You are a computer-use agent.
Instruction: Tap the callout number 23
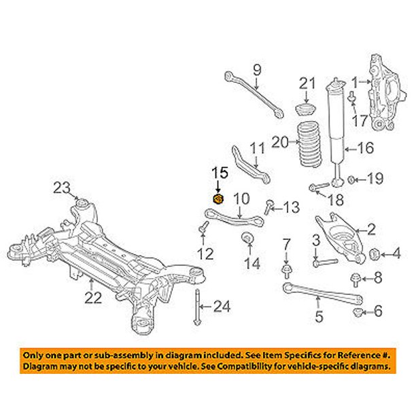62,188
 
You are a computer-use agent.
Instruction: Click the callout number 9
257,69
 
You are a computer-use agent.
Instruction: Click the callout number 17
360,122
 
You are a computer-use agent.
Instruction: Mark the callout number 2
371,228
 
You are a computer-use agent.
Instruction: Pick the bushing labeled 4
374,254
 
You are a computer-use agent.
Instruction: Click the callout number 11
257,148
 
